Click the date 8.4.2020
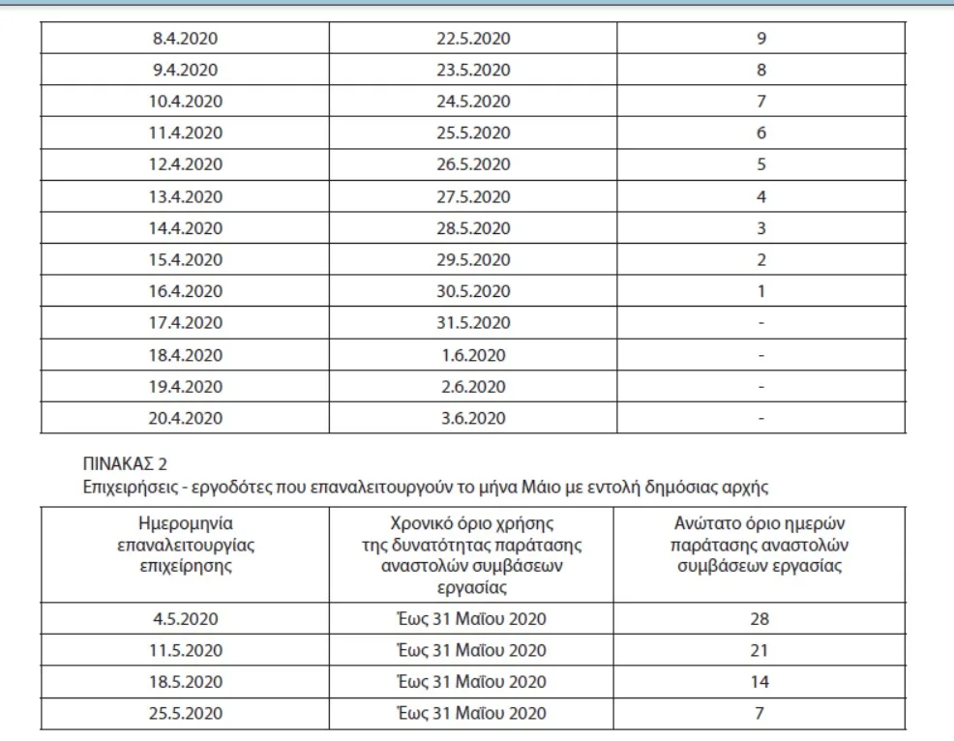click(185, 39)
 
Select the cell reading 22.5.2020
click(473, 39)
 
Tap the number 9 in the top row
click(761, 39)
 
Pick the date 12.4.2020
click(185, 164)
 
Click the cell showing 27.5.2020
click(473, 196)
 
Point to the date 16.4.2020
click(185, 291)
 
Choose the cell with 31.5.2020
click(473, 323)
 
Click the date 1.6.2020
click(473, 355)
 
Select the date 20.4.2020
click(185, 418)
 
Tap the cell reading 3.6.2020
click(473, 418)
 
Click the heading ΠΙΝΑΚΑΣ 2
click(126, 463)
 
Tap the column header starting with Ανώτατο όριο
click(761, 545)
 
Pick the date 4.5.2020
click(185, 619)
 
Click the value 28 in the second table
click(760, 619)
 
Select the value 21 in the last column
click(760, 650)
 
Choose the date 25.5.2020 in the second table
click(185, 713)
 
